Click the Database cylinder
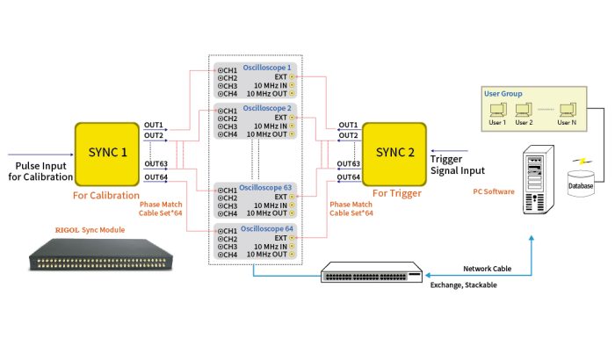[x=580, y=181]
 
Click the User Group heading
[x=503, y=91]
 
